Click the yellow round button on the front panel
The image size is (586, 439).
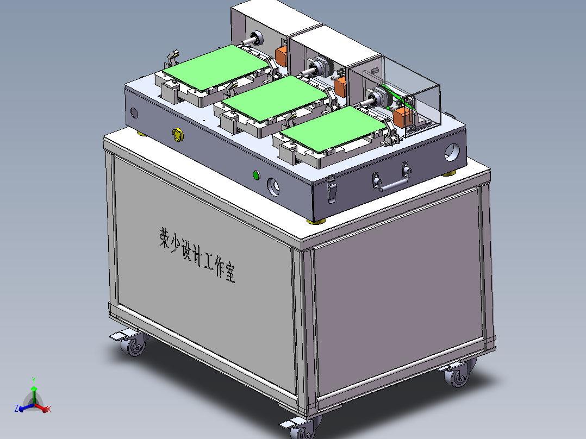(177, 135)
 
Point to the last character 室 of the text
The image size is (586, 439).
(230, 274)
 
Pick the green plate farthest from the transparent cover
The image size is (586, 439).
(217, 67)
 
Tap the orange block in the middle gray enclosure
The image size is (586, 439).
(341, 86)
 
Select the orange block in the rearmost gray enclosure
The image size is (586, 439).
(282, 55)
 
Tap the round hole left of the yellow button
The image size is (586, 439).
(134, 113)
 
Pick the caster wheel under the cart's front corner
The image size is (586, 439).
(303, 429)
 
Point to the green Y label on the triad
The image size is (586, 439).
(34, 380)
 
